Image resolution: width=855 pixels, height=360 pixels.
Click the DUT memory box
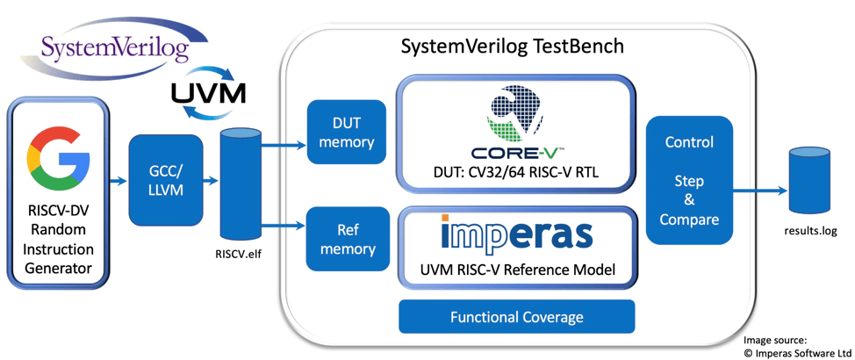tap(341, 132)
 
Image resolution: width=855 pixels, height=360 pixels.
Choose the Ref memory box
tap(341, 240)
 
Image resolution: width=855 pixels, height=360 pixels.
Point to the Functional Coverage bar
tap(516, 317)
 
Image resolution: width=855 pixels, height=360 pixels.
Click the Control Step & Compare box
tap(689, 180)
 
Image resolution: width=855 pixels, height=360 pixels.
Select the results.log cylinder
tap(809, 182)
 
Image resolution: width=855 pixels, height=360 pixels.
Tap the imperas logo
tap(516, 234)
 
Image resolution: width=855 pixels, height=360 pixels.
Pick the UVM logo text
tap(208, 92)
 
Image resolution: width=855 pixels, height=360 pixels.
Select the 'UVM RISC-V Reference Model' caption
tap(516, 270)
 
